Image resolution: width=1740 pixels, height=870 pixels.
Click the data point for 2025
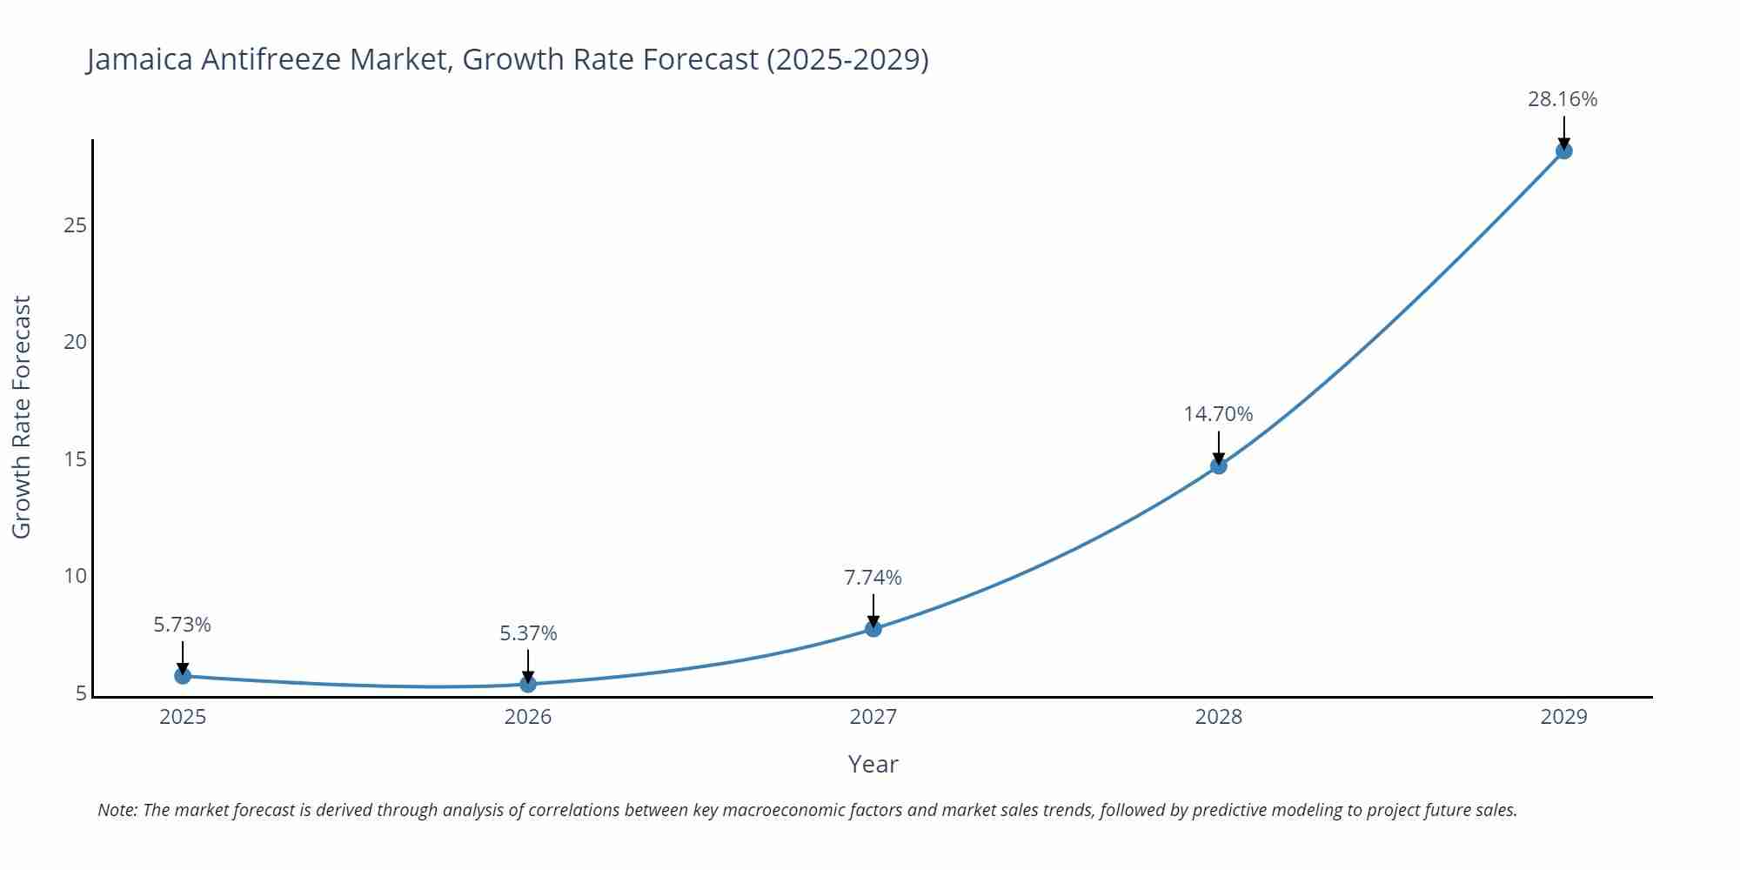tap(183, 675)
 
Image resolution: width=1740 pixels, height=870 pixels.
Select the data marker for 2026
tap(528, 684)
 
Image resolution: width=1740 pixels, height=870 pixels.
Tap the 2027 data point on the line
tap(873, 628)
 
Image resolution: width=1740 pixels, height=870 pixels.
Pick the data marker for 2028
tap(1218, 465)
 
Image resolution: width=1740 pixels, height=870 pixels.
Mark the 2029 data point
tap(1563, 151)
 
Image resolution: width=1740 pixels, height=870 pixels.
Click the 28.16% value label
tap(1563, 99)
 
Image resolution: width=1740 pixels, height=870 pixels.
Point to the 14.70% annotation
tap(1218, 414)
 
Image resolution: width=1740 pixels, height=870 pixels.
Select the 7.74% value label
tap(873, 578)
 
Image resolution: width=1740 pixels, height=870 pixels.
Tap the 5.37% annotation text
tap(528, 633)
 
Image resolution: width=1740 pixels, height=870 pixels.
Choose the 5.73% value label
tap(183, 625)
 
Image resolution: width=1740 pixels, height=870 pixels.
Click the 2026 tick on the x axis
tap(528, 717)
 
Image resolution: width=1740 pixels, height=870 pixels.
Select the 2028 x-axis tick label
tap(1218, 717)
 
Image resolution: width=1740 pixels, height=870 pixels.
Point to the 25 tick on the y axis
tap(76, 225)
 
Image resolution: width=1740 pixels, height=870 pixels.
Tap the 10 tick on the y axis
tap(76, 576)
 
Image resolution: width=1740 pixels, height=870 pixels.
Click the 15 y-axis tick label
tap(76, 459)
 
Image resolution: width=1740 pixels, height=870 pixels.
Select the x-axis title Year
tap(873, 764)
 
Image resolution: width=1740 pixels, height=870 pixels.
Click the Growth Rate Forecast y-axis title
tap(22, 417)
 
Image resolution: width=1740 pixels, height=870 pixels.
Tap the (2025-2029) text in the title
tap(847, 59)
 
